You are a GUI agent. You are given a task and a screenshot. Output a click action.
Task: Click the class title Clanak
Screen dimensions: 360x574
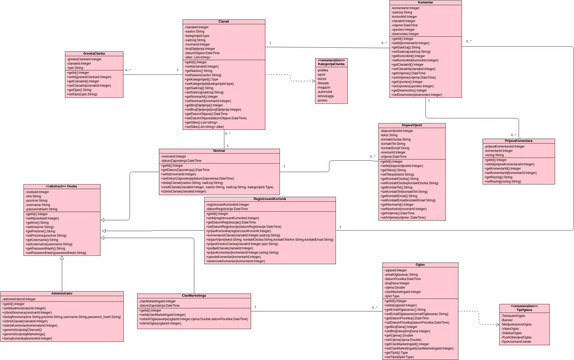coord(224,21)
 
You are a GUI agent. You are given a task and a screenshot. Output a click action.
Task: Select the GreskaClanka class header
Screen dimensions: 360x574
coord(94,53)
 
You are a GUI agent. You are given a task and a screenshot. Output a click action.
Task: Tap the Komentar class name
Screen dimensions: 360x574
coord(425,3)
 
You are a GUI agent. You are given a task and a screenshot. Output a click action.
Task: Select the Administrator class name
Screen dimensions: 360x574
coord(61,293)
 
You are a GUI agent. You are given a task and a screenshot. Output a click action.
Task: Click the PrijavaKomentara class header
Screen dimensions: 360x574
coord(518,141)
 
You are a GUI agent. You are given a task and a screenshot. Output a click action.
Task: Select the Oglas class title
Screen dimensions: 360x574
coord(419,265)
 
